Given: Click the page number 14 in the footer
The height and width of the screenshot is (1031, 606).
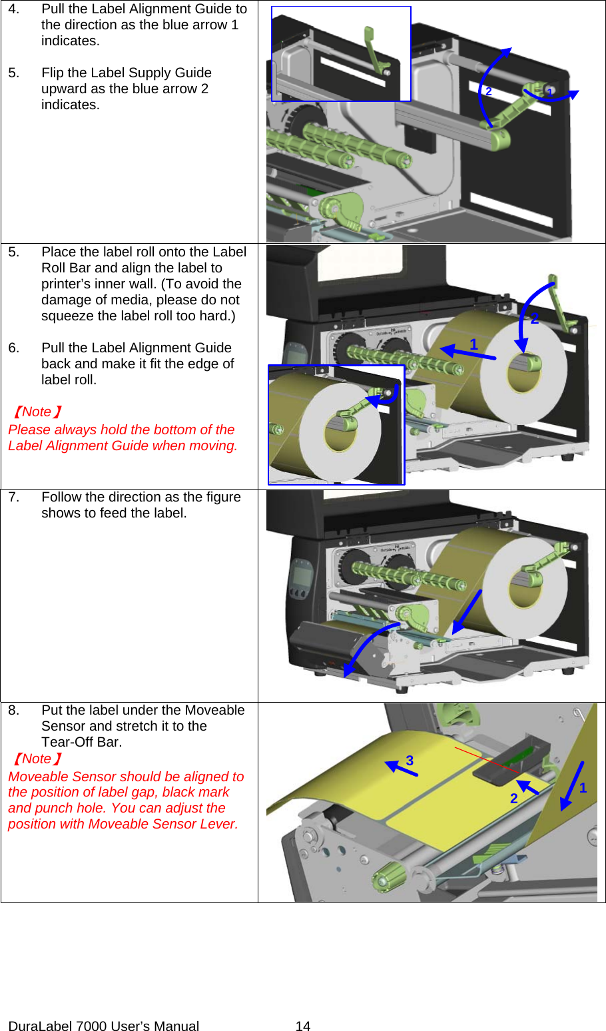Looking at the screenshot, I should coord(303,1026).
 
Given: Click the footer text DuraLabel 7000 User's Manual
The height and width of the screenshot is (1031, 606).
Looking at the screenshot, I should coord(104,1026).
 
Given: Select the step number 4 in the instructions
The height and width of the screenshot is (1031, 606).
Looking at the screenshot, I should coord(13,9).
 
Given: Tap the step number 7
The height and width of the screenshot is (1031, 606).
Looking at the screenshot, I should coord(13,497).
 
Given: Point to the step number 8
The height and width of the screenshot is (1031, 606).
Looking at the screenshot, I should coord(13,710).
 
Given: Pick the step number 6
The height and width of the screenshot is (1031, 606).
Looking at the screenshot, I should coord(13,348).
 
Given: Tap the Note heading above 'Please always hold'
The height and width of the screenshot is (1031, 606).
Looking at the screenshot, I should coord(37,412).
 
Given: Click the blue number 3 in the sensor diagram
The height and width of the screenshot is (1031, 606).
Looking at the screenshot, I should coord(410,760).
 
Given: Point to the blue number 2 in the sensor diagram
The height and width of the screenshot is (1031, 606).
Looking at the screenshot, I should coord(513,798).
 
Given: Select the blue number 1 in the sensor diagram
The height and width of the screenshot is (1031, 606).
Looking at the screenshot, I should coord(583,788).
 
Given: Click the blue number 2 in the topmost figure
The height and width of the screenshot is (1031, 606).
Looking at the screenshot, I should coord(489,91).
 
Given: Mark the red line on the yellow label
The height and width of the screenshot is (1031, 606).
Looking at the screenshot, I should coord(486,759).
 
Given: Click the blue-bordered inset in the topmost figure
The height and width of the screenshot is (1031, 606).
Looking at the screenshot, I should coord(341,54).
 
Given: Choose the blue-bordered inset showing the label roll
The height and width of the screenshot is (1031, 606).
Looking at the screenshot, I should coord(336,424).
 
